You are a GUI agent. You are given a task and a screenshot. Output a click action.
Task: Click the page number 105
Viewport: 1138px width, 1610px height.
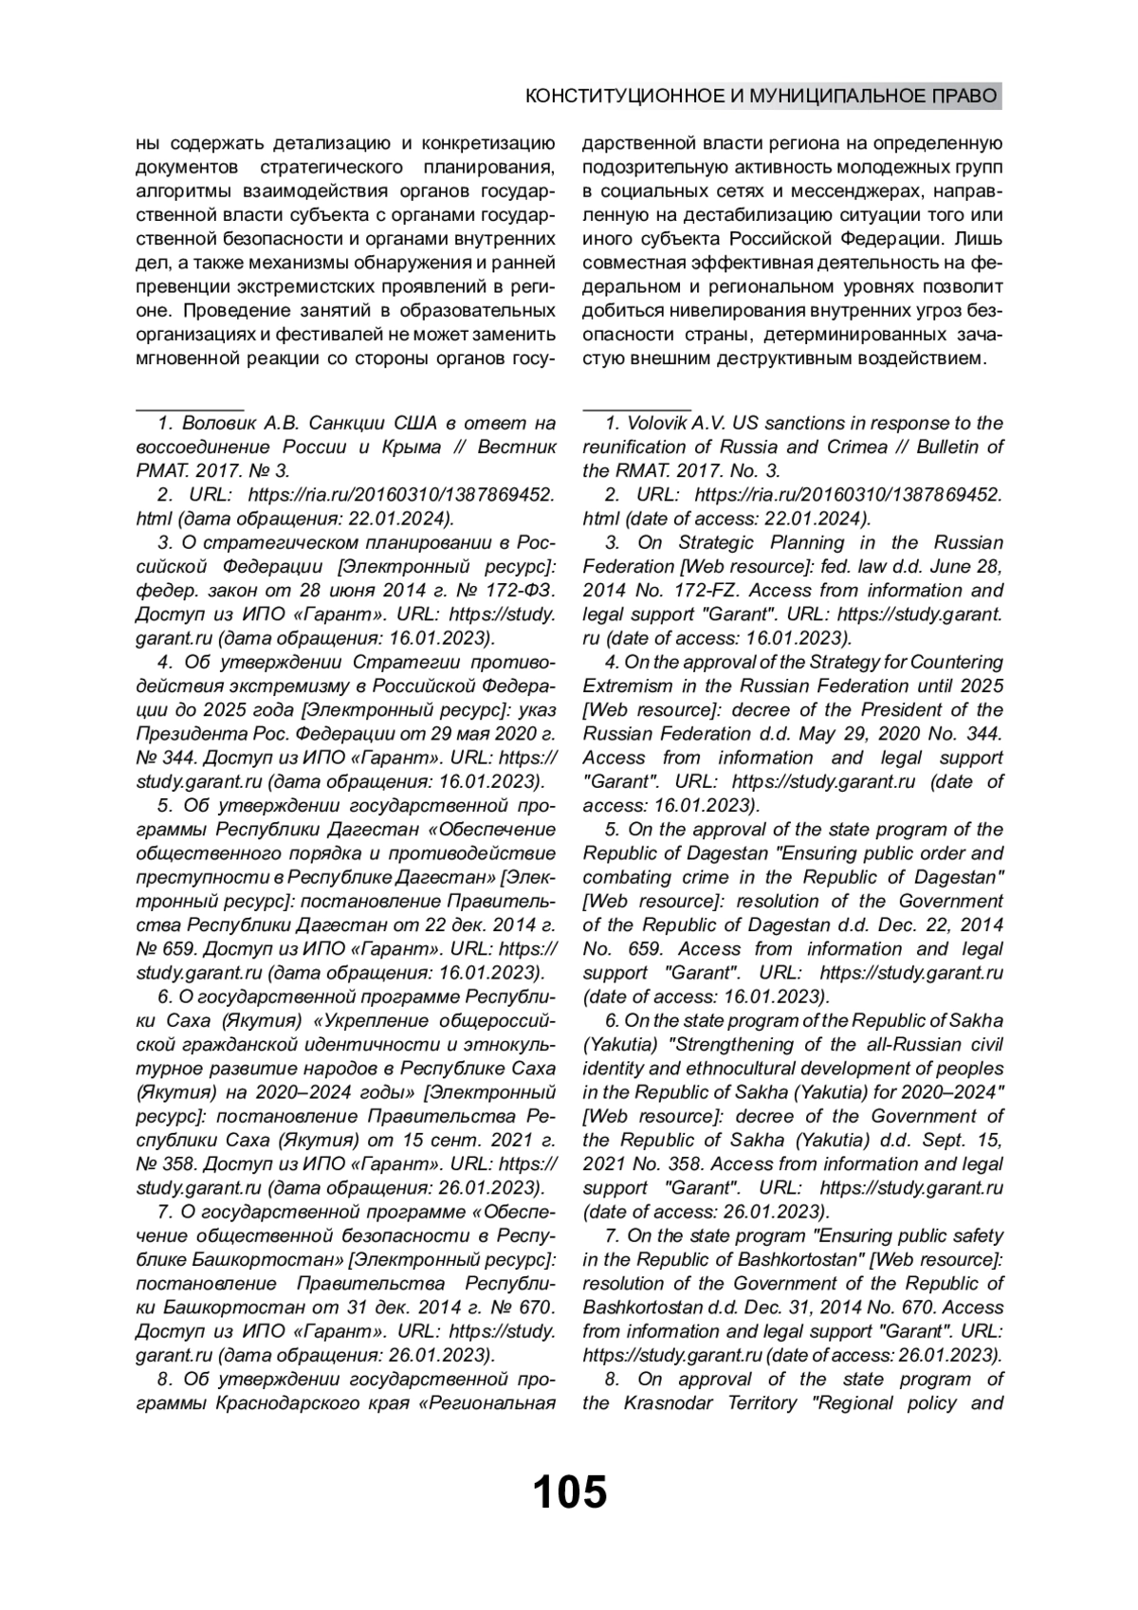pyautogui.click(x=569, y=1492)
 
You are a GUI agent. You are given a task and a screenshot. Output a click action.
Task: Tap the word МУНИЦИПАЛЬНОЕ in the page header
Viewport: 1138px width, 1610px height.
pyautogui.click(x=835, y=96)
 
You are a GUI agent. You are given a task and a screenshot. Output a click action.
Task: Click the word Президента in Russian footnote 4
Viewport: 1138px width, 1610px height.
pyautogui.click(x=187, y=733)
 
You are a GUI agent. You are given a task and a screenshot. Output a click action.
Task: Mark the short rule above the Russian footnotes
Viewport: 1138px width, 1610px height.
pyautogui.click(x=191, y=408)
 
